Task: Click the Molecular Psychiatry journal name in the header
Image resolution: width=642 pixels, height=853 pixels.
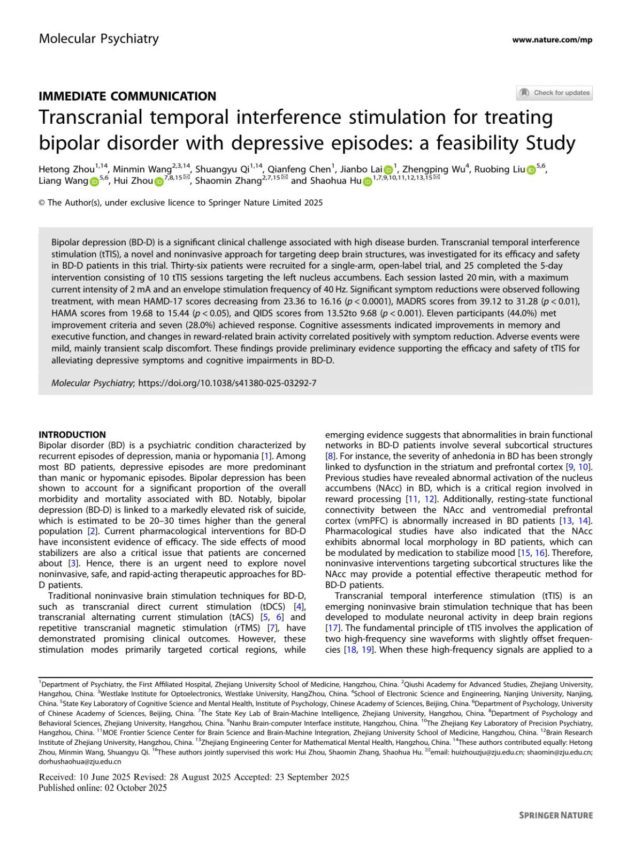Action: coord(98,39)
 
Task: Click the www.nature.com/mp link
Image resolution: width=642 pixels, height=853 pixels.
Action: coord(552,40)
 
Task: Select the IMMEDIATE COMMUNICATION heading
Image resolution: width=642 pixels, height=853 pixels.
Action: coord(127,96)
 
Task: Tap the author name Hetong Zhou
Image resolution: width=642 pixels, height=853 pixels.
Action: coord(66,170)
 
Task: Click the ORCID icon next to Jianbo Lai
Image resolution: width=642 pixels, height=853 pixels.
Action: coord(388,170)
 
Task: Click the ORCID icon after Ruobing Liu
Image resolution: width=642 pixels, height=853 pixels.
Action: coord(531,170)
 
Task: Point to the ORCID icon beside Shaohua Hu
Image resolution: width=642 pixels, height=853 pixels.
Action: coord(368,182)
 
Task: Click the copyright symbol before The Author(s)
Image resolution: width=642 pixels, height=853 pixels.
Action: coord(42,203)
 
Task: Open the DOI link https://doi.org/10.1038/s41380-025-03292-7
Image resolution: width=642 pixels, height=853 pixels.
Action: coord(227,383)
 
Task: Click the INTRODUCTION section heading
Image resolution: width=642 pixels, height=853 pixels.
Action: coord(72,435)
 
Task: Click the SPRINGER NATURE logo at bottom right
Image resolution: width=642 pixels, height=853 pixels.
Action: coord(556,815)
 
